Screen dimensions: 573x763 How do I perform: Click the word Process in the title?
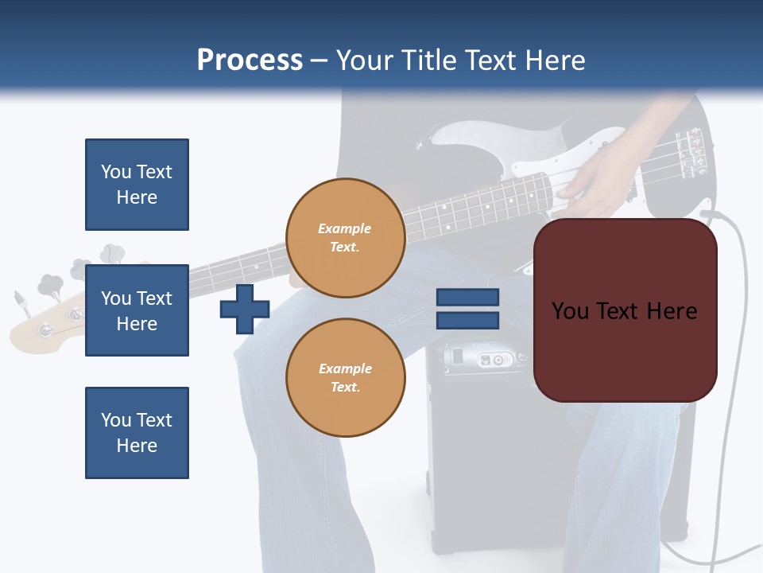pos(250,60)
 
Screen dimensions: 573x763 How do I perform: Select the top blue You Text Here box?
pos(137,185)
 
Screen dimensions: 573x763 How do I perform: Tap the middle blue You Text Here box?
pos(137,310)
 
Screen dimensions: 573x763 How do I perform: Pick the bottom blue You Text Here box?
pos(137,432)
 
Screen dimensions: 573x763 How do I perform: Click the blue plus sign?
pos(245,310)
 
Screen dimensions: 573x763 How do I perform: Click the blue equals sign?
pos(467,309)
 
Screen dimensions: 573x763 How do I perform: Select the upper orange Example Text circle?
pos(345,238)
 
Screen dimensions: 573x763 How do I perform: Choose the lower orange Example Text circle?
pos(345,378)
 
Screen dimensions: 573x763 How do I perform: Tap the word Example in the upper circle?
pos(345,229)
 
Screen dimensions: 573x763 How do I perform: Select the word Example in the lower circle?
pos(345,368)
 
